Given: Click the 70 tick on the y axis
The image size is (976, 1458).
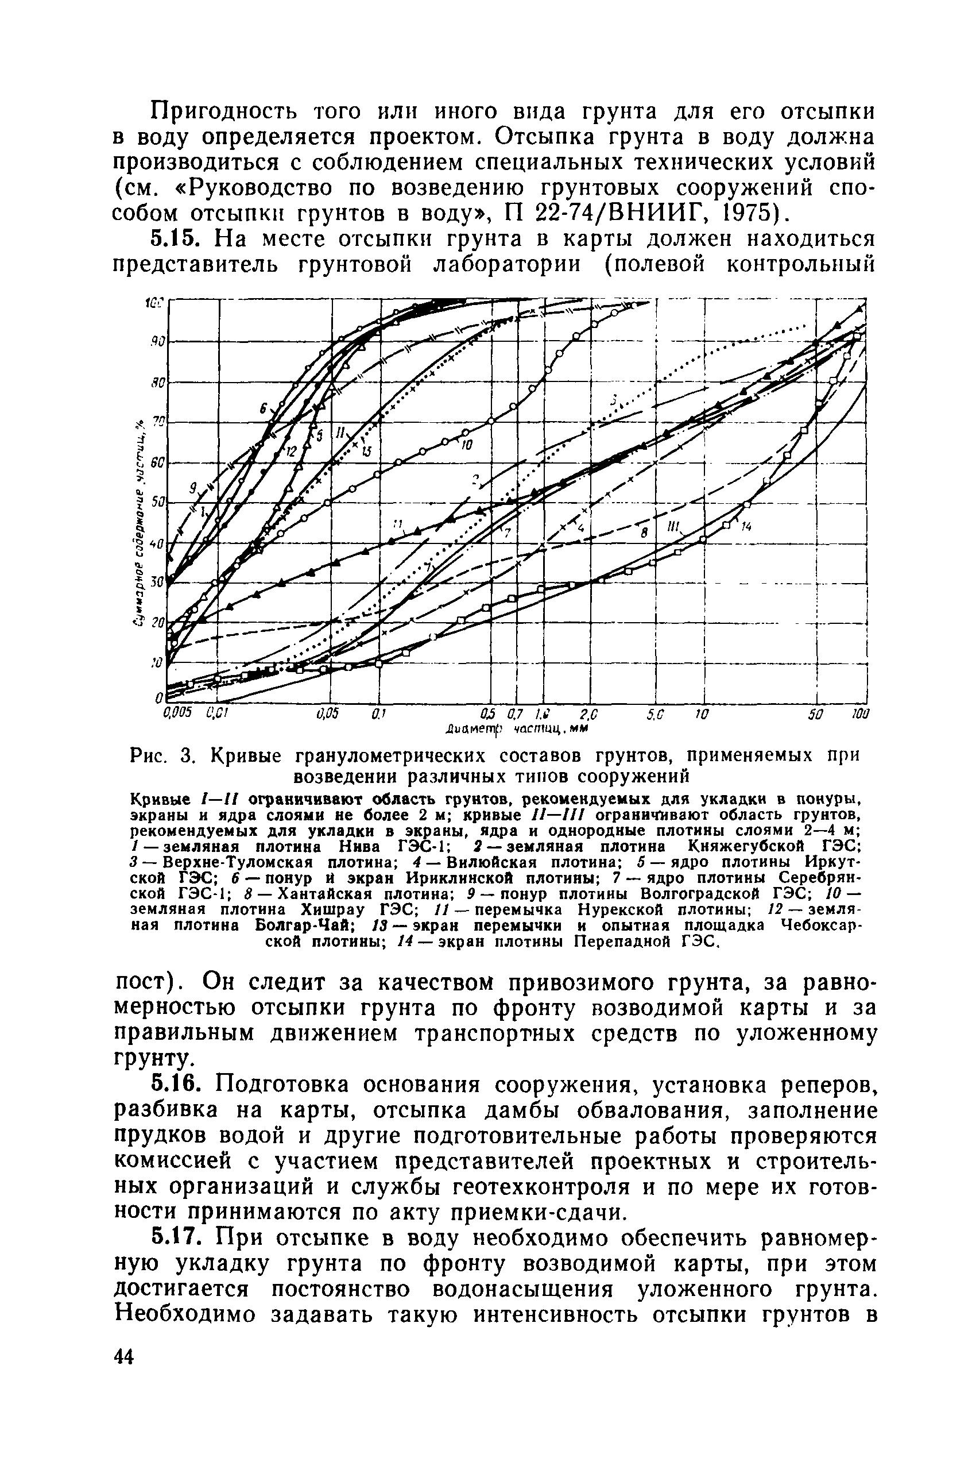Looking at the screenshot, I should click(x=157, y=422).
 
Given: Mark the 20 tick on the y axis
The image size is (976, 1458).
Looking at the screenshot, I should click(x=157, y=622).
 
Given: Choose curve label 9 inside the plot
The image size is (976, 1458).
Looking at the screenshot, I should click(x=193, y=487).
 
